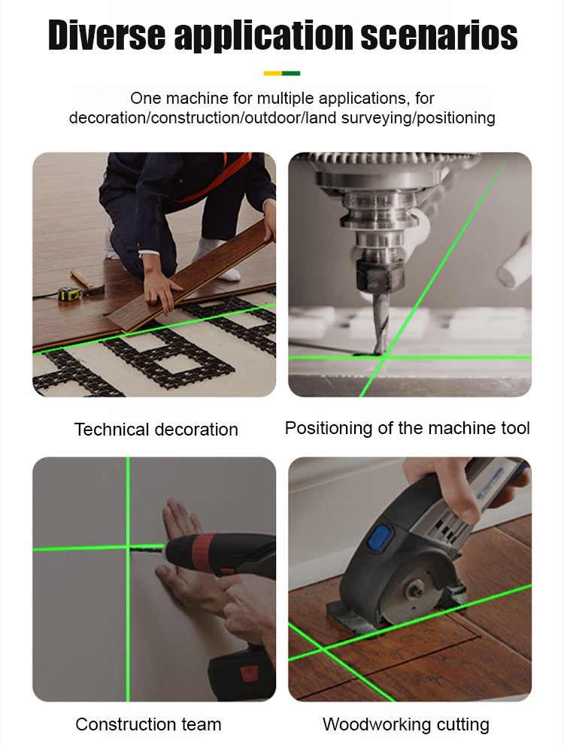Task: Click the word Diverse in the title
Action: point(107,35)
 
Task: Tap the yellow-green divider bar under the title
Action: point(282,74)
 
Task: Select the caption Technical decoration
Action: point(156,430)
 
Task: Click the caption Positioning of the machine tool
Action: point(408,428)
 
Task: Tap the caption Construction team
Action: point(149,724)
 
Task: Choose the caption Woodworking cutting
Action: point(406,724)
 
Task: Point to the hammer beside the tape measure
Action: point(87,281)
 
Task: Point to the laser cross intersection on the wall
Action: point(128,548)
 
